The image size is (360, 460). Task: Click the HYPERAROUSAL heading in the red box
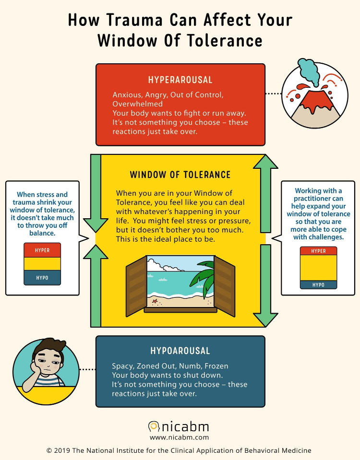[180, 80]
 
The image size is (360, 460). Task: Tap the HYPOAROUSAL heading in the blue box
[180, 351]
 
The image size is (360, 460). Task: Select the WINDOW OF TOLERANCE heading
[180, 175]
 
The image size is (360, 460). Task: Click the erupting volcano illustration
[315, 106]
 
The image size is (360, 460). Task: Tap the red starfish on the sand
[155, 301]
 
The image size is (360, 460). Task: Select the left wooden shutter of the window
[136, 286]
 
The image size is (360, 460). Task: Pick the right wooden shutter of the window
[225, 286]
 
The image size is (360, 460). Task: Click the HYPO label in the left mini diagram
[42, 278]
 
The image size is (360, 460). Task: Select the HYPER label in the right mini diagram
[318, 251]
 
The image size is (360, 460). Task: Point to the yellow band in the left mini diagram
[42, 264]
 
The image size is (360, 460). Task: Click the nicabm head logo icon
[154, 426]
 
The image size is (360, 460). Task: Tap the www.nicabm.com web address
[179, 437]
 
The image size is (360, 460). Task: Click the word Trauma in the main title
[134, 20]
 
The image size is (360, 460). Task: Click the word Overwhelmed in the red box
[137, 104]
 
